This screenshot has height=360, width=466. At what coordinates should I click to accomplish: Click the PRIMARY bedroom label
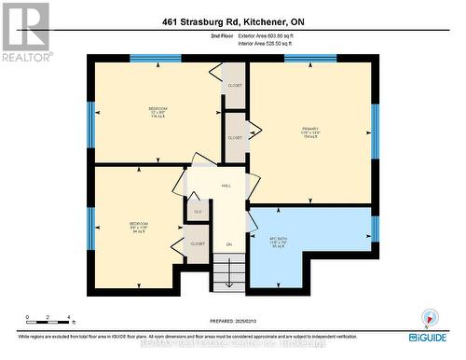click(310, 130)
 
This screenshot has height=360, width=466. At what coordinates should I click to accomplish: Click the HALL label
click(226, 186)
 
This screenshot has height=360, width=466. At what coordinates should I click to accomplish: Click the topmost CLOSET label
click(235, 86)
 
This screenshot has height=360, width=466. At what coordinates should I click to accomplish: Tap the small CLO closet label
click(198, 213)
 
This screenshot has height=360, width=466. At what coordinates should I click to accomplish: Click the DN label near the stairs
click(227, 244)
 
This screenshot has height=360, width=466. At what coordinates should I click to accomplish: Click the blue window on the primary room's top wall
click(310, 59)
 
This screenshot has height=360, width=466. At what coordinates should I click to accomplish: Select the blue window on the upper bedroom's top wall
click(155, 59)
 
